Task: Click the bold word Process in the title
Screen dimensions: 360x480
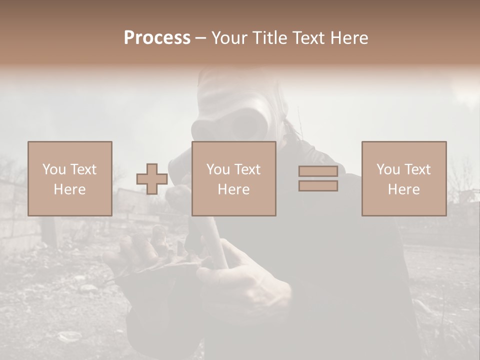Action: tap(157, 38)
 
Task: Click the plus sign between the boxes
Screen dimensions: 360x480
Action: tap(152, 179)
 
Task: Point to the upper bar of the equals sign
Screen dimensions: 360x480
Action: tap(318, 171)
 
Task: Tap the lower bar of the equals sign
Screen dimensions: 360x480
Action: tap(318, 186)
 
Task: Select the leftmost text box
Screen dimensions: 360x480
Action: tap(69, 178)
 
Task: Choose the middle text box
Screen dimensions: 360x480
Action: tap(233, 178)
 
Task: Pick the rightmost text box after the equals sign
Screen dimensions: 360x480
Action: tap(403, 178)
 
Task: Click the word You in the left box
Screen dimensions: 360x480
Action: tap(53, 169)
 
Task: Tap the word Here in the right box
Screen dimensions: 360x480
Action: tap(403, 189)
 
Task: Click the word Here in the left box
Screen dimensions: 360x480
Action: tap(69, 189)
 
